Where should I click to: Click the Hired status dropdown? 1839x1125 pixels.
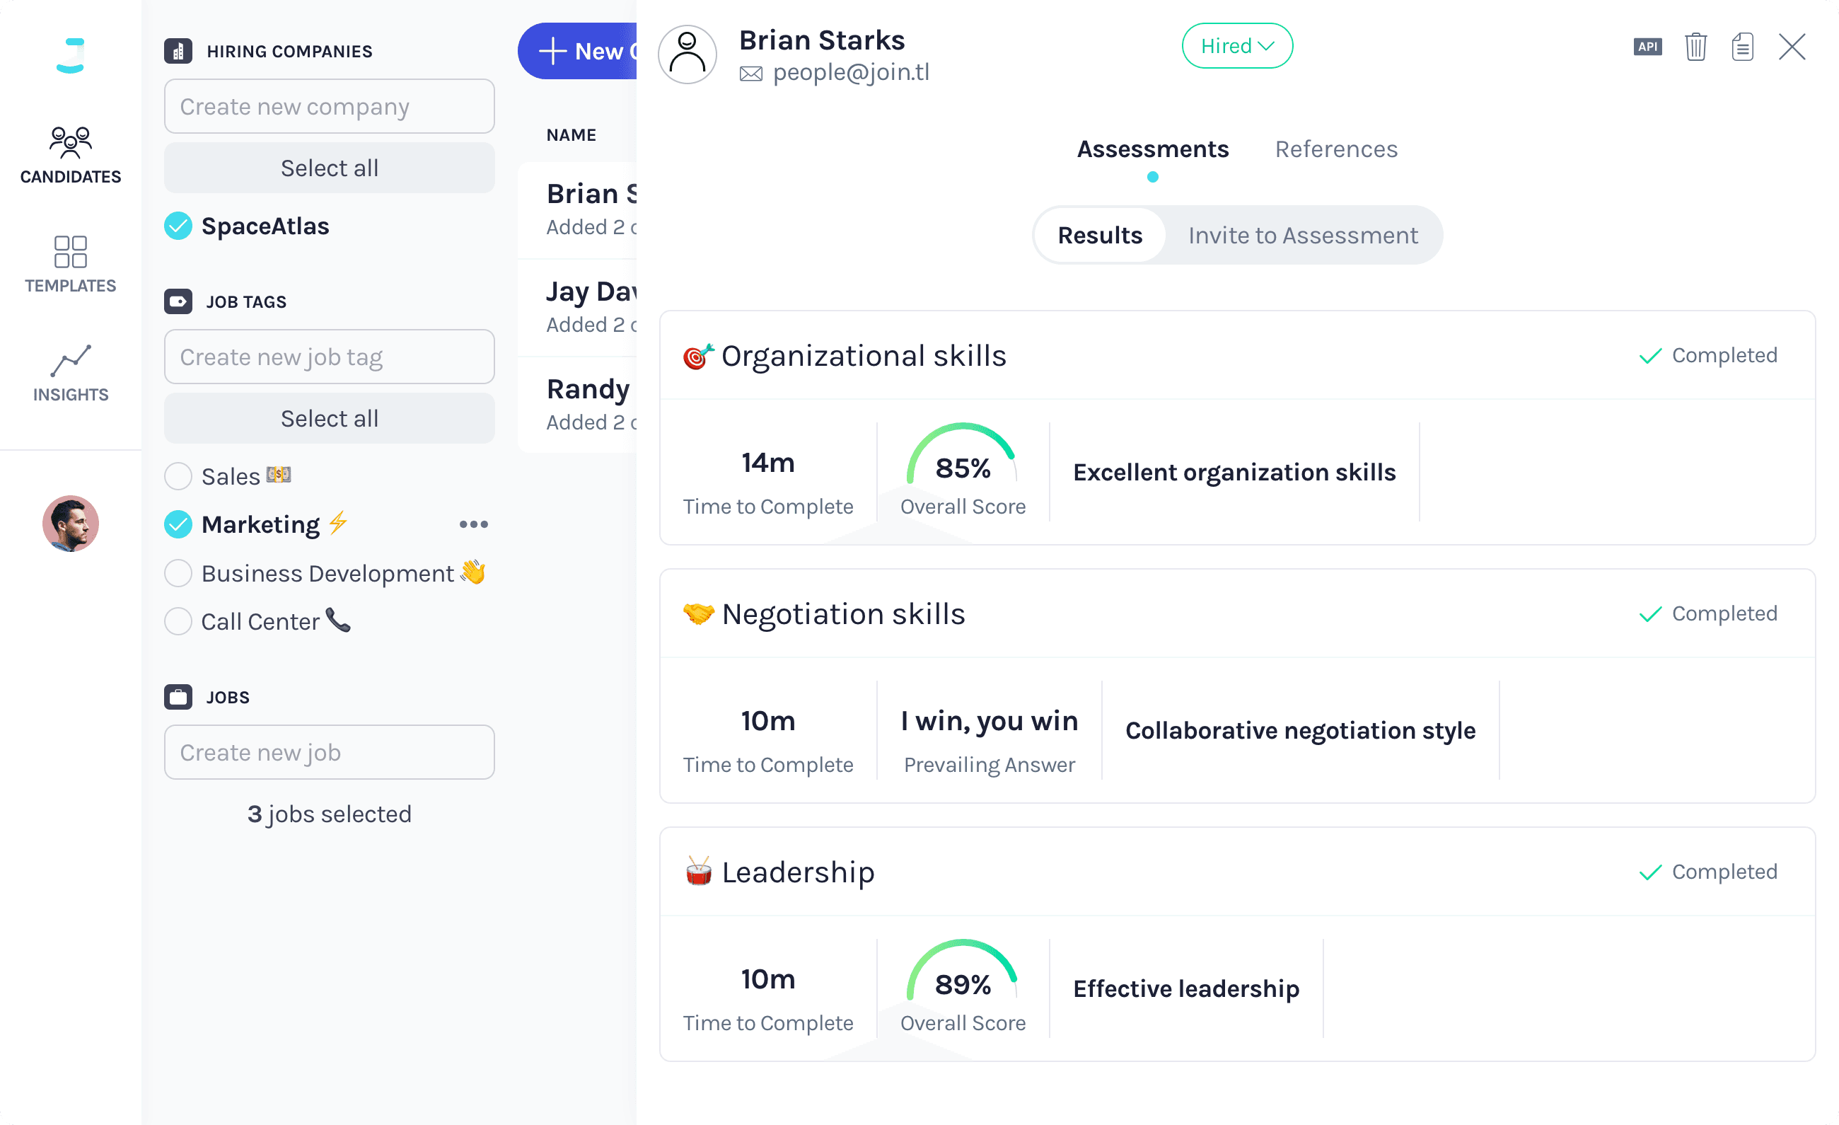pos(1236,46)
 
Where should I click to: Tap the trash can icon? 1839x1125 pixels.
pos(1695,47)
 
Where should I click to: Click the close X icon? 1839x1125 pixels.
pos(1791,47)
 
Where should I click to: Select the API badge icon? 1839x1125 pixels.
pos(1647,47)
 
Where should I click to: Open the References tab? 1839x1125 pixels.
pos(1336,149)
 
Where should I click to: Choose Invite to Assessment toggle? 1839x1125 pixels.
pos(1302,236)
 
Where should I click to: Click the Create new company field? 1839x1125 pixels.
pos(329,107)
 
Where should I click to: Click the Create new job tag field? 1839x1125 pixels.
pos(329,357)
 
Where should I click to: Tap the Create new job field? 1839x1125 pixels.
pos(329,753)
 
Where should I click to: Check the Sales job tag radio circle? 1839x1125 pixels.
pos(178,476)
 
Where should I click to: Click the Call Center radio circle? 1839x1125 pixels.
pos(178,622)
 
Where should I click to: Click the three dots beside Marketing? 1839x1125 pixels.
pos(474,525)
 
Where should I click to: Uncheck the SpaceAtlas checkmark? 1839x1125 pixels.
pos(178,226)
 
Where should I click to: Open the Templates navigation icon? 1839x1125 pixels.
pos(70,253)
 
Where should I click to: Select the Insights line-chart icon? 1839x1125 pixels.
pos(70,362)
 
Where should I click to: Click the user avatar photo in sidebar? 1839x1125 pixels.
pos(70,524)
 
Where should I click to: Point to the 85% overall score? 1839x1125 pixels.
pos(963,468)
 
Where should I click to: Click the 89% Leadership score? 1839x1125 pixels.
pos(963,985)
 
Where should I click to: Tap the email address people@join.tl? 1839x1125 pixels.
pos(851,72)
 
